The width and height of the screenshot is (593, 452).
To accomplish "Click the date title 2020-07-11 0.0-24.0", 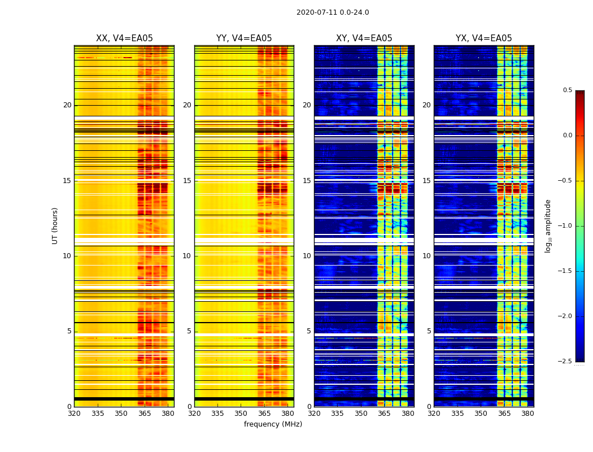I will tap(333, 12).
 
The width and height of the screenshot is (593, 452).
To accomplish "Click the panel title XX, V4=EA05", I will tap(124, 38).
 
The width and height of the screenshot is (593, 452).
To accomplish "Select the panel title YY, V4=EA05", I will tap(244, 38).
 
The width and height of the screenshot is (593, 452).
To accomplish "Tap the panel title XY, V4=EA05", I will tap(364, 38).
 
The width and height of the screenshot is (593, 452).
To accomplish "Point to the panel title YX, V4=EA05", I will tap(484, 38).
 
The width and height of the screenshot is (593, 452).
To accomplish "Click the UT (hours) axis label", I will tap(55, 225).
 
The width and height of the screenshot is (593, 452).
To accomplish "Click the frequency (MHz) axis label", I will tap(273, 424).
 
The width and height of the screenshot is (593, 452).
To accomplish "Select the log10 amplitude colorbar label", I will tap(548, 225).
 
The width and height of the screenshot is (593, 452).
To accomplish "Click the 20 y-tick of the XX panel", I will tap(67, 105).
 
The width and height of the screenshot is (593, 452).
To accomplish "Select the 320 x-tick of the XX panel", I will tap(74, 414).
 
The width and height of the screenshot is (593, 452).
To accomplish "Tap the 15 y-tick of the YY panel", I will tap(188, 181).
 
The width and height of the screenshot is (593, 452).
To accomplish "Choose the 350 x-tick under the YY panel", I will tap(241, 414).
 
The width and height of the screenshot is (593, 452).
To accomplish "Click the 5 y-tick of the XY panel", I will tap(309, 331).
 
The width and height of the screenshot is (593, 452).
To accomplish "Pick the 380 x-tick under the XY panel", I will tap(408, 414).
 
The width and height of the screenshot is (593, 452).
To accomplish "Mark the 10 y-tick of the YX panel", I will tap(427, 256).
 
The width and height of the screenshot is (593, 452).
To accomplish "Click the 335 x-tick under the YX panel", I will tap(457, 414).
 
